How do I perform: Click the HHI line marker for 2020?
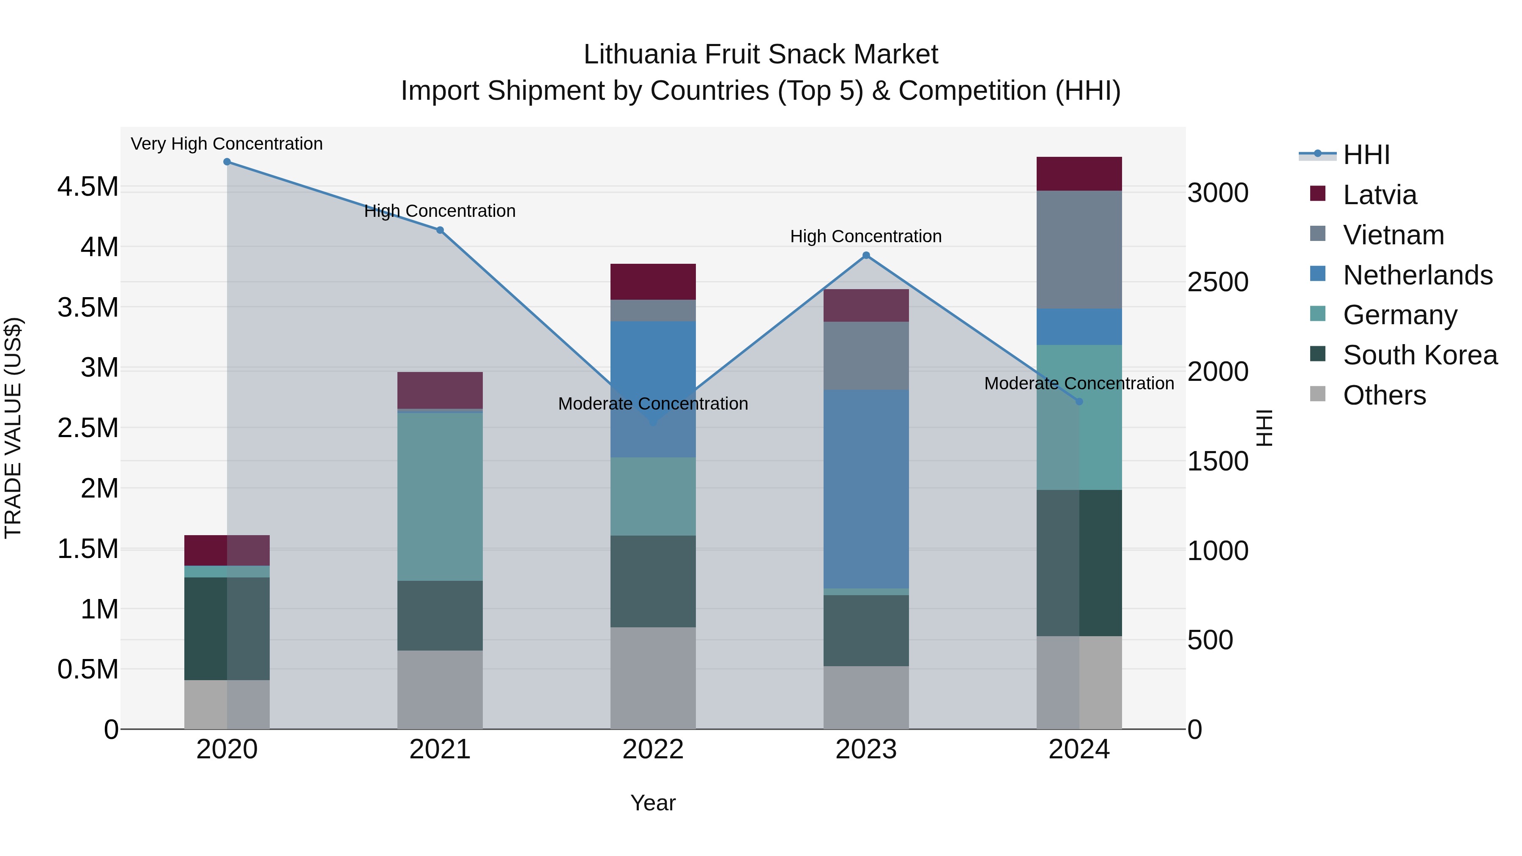tap(227, 162)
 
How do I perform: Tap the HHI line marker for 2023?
tap(866, 256)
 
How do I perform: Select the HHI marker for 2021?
tap(440, 230)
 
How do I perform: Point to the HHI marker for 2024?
tap(1079, 402)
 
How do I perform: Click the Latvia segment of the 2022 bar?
tap(653, 282)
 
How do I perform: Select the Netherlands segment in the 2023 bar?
tap(866, 489)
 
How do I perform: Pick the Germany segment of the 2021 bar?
tap(440, 496)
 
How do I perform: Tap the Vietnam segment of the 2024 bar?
tap(1079, 249)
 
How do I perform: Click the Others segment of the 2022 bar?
tap(653, 678)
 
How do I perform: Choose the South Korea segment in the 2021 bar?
tap(440, 615)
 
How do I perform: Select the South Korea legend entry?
tap(1420, 355)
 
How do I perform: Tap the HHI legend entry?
tap(1366, 155)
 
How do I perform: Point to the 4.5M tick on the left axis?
tap(88, 187)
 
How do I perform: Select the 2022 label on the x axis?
tap(653, 749)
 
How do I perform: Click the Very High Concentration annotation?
tap(227, 144)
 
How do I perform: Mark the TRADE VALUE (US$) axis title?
tap(13, 428)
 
